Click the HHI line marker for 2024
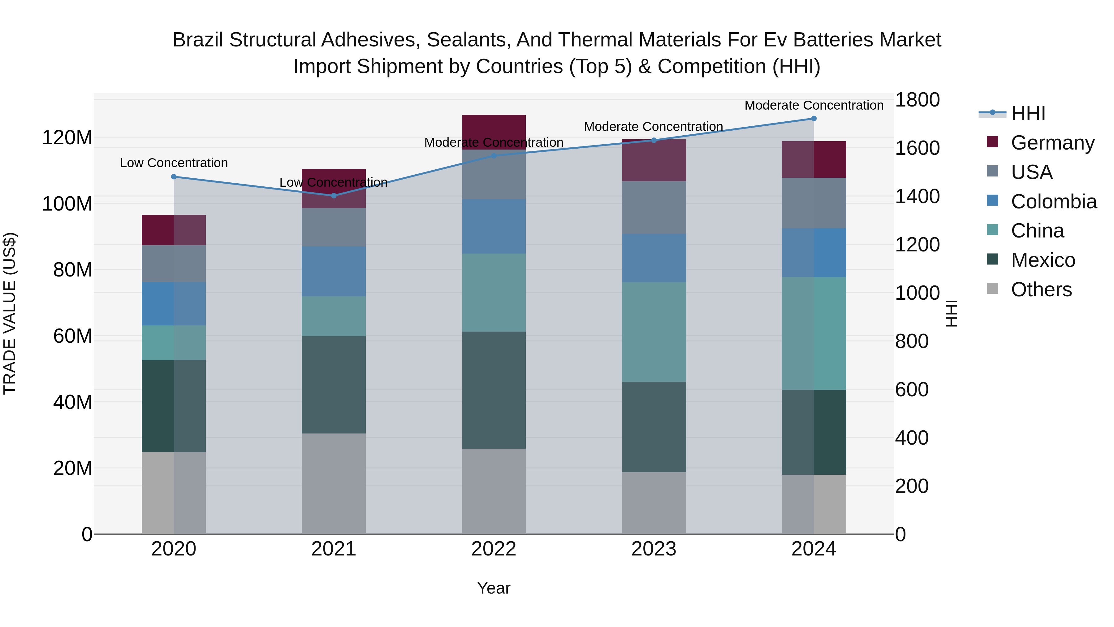click(x=814, y=119)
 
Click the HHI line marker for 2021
click(x=333, y=196)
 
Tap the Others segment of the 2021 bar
click(x=333, y=483)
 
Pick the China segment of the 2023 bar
click(x=654, y=332)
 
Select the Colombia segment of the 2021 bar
click(x=333, y=271)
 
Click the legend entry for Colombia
click(x=1053, y=202)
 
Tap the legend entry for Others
click(x=1041, y=290)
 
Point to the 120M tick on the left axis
click(x=67, y=138)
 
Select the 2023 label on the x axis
click(x=654, y=549)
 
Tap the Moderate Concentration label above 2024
click(x=814, y=106)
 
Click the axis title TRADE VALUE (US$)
click(x=10, y=313)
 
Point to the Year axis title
click(x=494, y=588)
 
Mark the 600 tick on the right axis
click(x=912, y=390)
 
